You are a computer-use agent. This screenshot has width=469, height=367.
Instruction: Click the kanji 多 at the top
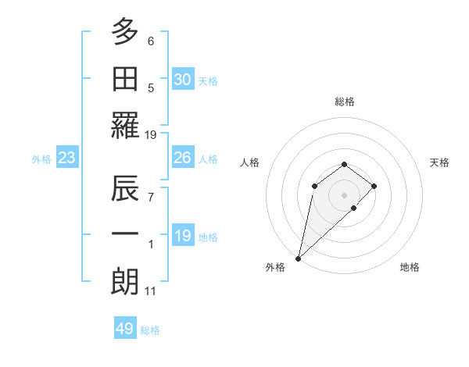point(125,31)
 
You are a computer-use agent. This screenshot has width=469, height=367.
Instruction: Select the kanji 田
point(125,77)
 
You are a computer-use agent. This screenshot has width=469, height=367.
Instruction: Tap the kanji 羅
point(125,125)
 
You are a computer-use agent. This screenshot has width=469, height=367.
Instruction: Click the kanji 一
point(125,234)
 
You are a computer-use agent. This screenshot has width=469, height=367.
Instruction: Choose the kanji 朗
point(125,281)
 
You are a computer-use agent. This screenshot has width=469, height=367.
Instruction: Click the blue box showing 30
point(183,80)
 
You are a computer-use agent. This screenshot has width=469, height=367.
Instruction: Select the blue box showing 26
point(183,158)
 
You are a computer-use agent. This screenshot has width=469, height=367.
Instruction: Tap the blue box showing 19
point(183,236)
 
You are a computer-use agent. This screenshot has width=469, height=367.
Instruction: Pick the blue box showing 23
point(67,158)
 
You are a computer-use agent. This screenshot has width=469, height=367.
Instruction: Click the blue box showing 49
point(125,329)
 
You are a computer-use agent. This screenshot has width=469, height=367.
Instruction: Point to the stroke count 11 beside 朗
point(151,292)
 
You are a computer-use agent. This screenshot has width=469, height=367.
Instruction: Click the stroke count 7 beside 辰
point(151,198)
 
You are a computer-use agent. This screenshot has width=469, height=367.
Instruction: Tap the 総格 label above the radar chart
point(345,102)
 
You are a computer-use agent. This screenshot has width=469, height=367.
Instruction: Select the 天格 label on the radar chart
point(440,162)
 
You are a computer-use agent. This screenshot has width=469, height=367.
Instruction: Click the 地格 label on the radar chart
point(410,267)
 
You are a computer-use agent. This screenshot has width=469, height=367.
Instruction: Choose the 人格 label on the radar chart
point(250,162)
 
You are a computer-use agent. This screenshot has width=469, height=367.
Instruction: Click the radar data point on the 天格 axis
point(374,186)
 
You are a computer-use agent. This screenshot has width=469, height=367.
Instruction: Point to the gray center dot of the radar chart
point(344,194)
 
